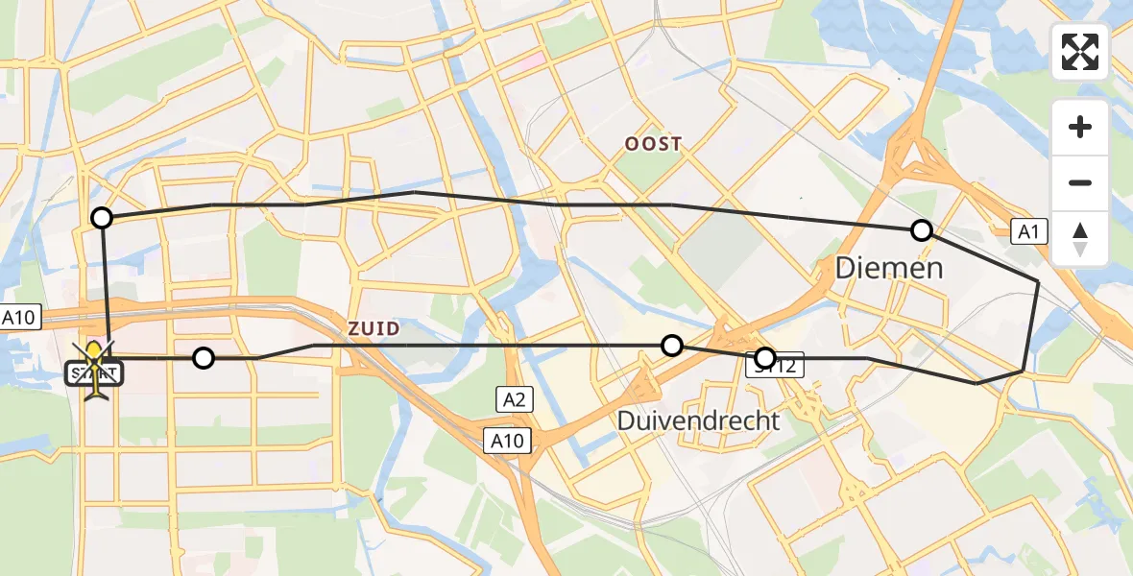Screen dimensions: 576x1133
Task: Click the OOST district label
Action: coord(654,144)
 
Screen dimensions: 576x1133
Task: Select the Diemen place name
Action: coord(889,267)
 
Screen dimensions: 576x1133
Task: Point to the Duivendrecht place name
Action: coord(698,420)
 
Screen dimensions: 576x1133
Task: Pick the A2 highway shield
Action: coord(514,398)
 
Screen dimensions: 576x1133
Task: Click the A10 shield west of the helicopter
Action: coord(20,319)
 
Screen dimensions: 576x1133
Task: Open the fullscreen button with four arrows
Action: coord(1080,52)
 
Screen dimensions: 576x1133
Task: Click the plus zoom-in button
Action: coord(1080,127)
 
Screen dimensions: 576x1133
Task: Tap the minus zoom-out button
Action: coord(1080,182)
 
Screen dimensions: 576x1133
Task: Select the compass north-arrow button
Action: coord(1080,238)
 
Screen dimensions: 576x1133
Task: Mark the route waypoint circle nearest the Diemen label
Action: coord(922,229)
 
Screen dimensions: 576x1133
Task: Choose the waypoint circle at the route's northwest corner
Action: coord(102,218)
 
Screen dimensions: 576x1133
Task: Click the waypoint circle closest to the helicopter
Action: coord(203,358)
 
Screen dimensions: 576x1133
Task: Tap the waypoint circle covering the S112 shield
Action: coord(764,359)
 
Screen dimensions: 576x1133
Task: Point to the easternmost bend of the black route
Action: coord(1038,280)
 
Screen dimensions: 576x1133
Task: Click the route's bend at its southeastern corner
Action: coord(1024,370)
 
